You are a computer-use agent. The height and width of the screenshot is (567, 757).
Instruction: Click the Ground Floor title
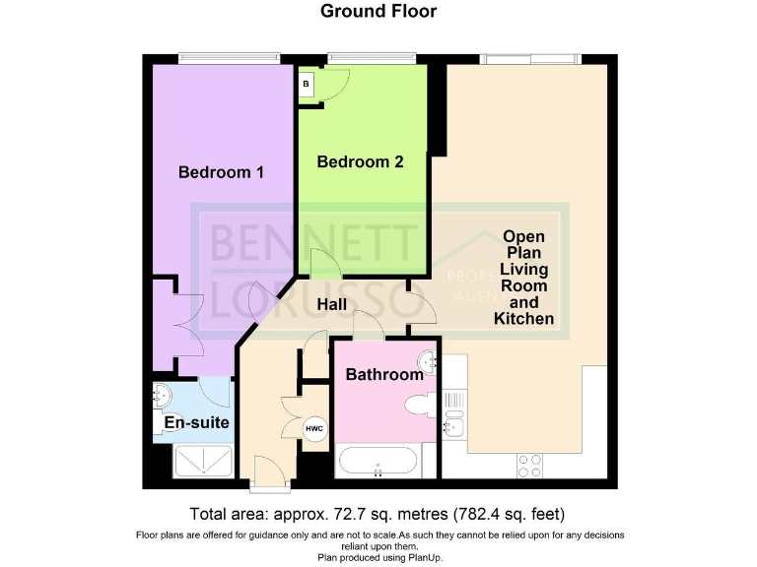click(x=378, y=11)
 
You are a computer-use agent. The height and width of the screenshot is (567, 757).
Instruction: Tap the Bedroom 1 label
click(x=221, y=172)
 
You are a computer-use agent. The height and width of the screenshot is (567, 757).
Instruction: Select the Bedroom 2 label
click(x=360, y=161)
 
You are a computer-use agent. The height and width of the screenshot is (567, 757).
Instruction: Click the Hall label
click(x=331, y=304)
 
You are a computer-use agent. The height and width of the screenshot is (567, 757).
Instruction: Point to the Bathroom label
click(x=384, y=374)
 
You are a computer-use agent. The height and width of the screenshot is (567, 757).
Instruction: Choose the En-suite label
click(x=196, y=422)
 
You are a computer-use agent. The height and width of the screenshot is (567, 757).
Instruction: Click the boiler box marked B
click(x=307, y=85)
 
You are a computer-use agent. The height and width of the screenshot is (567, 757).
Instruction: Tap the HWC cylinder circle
click(x=314, y=428)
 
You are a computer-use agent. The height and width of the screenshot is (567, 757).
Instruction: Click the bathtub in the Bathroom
click(x=378, y=461)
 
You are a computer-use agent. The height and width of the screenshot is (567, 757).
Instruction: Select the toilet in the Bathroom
click(x=420, y=405)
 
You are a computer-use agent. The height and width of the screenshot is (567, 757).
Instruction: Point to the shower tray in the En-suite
click(x=203, y=461)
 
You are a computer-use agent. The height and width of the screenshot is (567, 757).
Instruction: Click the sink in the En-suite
click(x=162, y=396)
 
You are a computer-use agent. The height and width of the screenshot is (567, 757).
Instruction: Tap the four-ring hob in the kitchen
click(x=529, y=467)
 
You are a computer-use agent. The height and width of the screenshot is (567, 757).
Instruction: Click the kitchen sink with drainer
click(x=453, y=414)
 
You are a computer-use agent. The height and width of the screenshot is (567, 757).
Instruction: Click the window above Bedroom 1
click(x=229, y=58)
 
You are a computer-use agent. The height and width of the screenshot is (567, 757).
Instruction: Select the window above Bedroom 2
click(x=372, y=58)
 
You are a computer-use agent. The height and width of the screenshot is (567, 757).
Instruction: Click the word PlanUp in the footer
click(x=426, y=558)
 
